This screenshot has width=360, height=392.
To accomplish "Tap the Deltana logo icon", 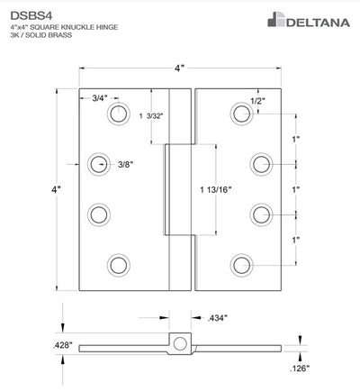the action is pyautogui.click(x=275, y=20).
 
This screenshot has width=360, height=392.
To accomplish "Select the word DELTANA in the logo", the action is pyautogui.click(x=318, y=23).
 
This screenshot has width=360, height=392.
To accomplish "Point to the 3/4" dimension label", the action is pyautogui.click(x=100, y=98).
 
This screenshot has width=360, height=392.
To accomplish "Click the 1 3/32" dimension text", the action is pyautogui.click(x=151, y=116).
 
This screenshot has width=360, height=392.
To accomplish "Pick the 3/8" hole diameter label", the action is pyautogui.click(x=126, y=164).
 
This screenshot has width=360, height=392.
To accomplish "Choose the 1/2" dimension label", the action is pyautogui.click(x=258, y=101).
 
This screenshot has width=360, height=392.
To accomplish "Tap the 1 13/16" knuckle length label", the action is pyautogui.click(x=216, y=189).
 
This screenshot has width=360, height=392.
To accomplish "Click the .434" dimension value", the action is pyautogui.click(x=218, y=318).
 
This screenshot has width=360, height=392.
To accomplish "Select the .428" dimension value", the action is pyautogui.click(x=63, y=345).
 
